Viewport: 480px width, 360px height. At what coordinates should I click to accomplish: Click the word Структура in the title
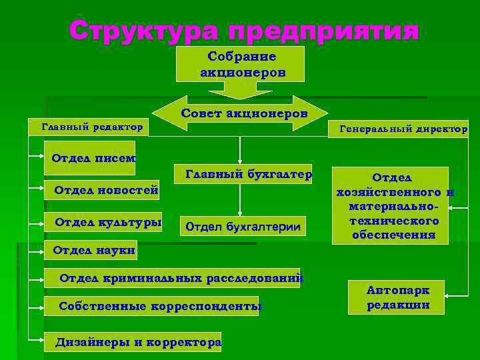pyautogui.click(x=143, y=30)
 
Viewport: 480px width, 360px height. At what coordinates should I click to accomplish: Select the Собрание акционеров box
pyautogui.click(x=240, y=64)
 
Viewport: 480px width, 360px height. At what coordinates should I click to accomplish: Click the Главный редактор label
pyautogui.click(x=91, y=126)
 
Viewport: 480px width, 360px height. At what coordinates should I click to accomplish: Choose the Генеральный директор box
pyautogui.click(x=399, y=129)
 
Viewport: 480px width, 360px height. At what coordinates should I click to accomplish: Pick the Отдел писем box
pyautogui.click(x=90, y=158)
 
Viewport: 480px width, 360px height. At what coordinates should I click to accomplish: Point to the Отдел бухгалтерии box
pyautogui.click(x=243, y=227)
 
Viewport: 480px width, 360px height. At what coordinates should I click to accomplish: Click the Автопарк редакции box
pyautogui.click(x=398, y=297)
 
